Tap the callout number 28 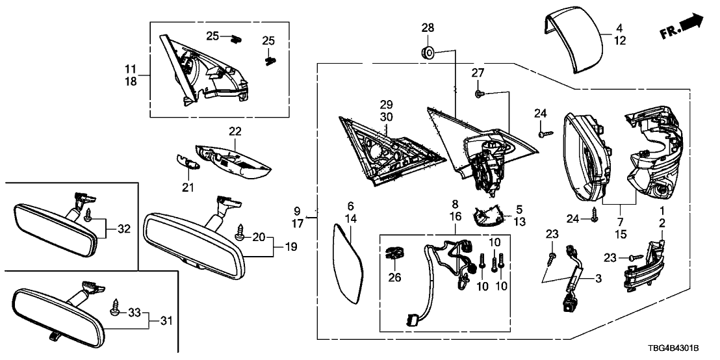427,27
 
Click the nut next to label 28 428,51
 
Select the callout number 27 478,73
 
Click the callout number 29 387,105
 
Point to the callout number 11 130,68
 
